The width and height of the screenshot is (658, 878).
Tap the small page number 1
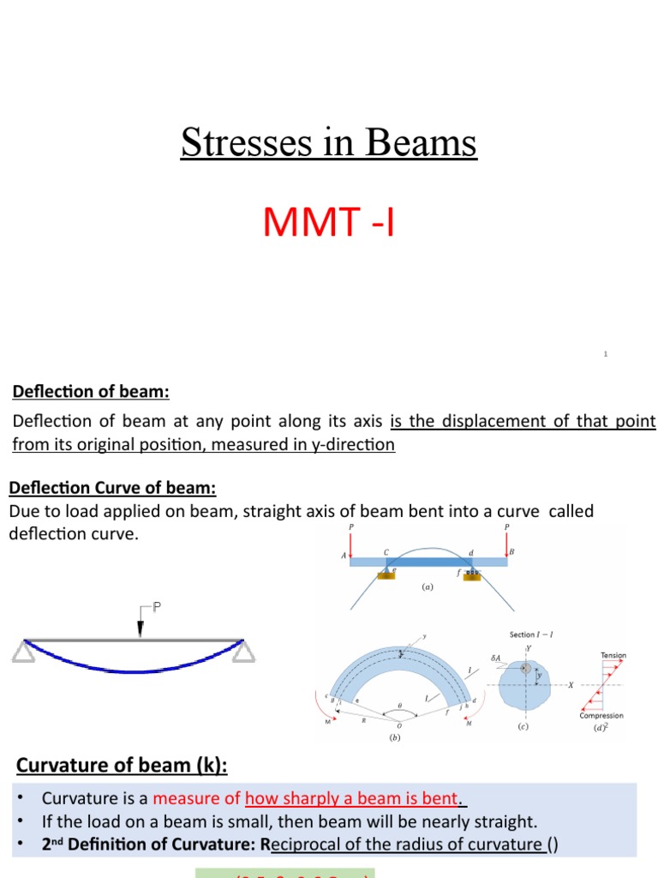click(x=605, y=353)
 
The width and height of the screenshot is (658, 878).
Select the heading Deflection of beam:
click(x=91, y=392)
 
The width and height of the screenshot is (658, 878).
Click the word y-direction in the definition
click(x=352, y=444)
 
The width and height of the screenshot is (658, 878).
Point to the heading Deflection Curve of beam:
click(x=112, y=488)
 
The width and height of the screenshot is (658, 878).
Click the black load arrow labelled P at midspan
click(x=140, y=623)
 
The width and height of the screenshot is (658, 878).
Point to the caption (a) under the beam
click(x=428, y=587)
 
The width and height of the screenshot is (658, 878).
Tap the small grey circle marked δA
click(x=525, y=668)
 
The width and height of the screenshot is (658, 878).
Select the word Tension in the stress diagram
click(x=613, y=655)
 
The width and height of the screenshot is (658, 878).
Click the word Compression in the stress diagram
click(x=601, y=715)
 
